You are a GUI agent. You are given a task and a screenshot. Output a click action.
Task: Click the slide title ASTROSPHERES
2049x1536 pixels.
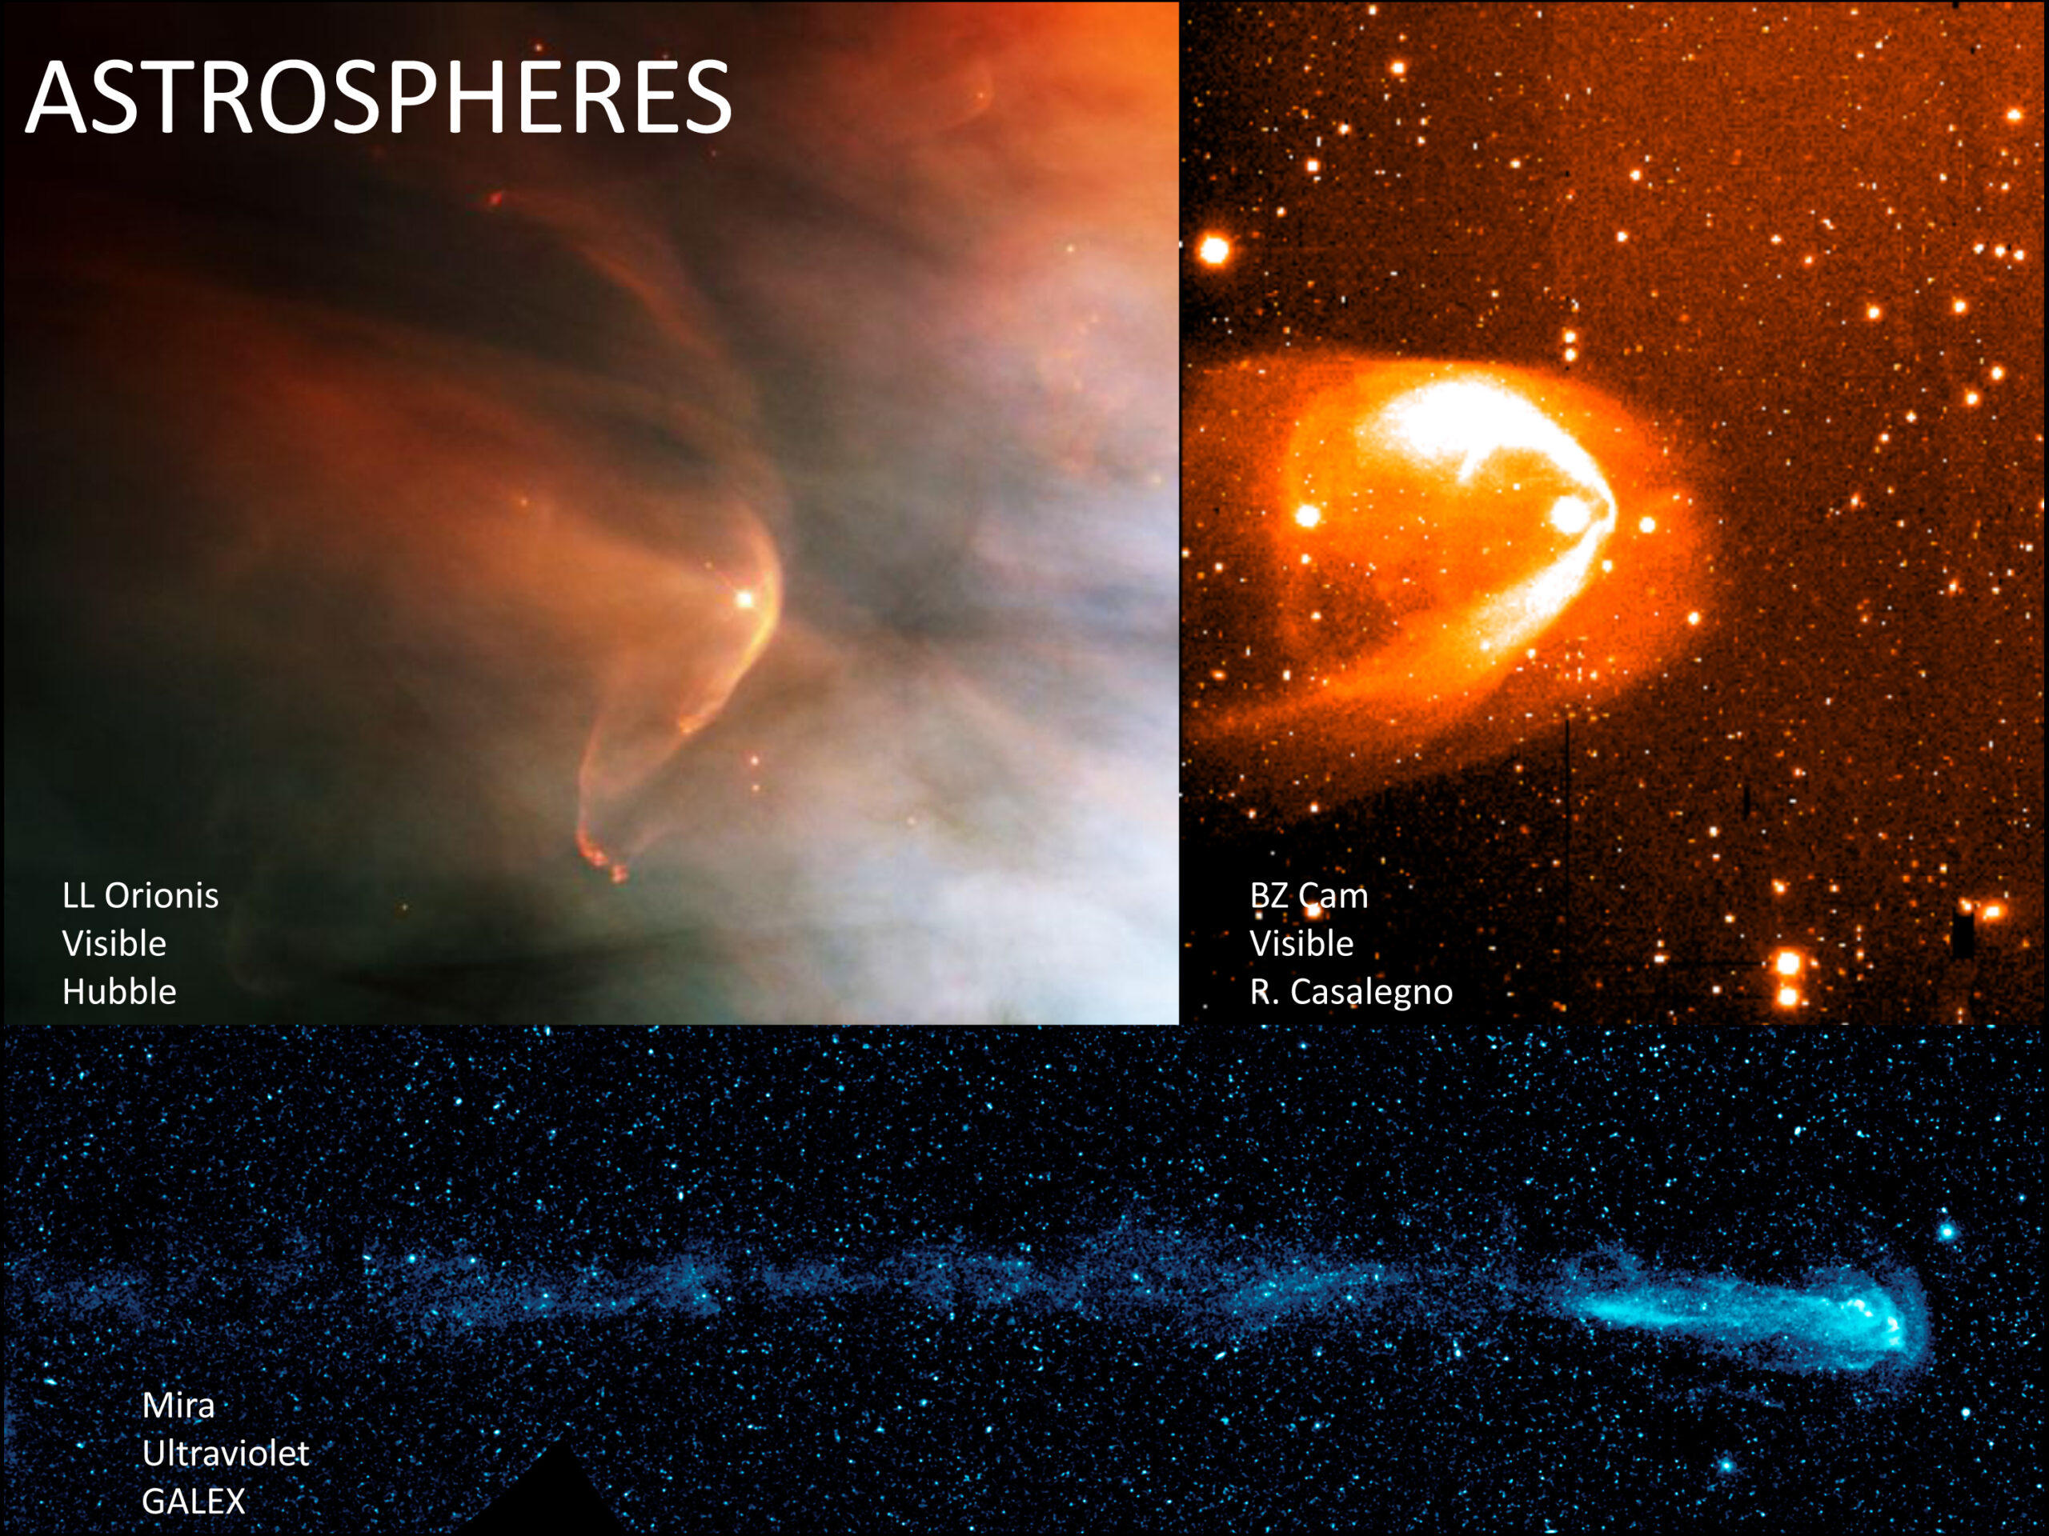click(379, 98)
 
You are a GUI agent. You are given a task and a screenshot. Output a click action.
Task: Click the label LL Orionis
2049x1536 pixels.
click(141, 895)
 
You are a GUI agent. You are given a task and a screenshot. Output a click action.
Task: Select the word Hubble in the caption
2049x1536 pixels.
click(119, 991)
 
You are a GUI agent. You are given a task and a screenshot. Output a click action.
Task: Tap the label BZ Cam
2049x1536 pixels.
click(1309, 895)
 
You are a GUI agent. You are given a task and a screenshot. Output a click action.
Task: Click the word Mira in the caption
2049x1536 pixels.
click(178, 1406)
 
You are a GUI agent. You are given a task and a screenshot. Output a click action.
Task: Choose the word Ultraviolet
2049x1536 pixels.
click(226, 1454)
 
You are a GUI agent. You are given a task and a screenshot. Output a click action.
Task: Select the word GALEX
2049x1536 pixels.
click(194, 1502)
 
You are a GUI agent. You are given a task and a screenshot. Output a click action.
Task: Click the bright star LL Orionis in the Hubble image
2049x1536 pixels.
click(744, 599)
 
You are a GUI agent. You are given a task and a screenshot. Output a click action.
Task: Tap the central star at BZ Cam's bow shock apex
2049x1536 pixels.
click(1568, 516)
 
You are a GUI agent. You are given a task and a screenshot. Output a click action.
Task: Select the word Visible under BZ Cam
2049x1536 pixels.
click(1302, 943)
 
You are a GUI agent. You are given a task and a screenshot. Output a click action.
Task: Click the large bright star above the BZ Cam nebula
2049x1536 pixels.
click(1214, 249)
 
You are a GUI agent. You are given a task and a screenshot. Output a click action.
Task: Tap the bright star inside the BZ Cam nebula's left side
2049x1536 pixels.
click(1308, 514)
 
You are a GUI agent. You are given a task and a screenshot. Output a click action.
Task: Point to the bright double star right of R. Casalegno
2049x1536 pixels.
click(1789, 978)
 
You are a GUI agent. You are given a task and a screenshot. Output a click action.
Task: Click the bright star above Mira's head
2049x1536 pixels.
click(1947, 1231)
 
